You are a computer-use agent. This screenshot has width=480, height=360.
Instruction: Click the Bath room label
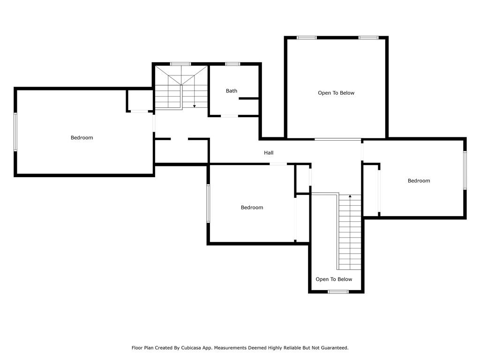point(232,91)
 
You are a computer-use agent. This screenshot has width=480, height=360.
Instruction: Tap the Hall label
point(269,153)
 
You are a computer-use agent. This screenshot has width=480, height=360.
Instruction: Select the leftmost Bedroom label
point(82,138)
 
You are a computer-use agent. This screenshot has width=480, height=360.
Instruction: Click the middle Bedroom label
point(252,208)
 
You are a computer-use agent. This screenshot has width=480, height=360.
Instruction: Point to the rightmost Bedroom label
point(419,181)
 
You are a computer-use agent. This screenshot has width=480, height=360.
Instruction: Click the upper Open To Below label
point(336,93)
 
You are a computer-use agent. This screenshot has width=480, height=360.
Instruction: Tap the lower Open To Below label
point(334,279)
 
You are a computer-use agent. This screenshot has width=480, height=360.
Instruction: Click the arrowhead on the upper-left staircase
point(195,106)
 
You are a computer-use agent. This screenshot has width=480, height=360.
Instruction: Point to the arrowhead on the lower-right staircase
point(350,196)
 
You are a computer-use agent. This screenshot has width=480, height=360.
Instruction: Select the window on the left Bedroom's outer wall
point(15,132)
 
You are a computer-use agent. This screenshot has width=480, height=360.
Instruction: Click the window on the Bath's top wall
point(232,64)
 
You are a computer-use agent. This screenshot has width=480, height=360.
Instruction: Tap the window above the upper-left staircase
point(180,64)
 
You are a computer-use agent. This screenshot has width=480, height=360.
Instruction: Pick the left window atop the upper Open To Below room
point(307,37)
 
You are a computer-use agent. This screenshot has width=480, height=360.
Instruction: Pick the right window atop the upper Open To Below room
point(368,37)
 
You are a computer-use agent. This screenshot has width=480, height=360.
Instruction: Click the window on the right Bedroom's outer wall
point(465,170)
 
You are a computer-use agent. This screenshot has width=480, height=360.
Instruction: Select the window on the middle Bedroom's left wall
point(208,203)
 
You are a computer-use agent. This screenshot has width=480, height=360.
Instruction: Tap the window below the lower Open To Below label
point(338,292)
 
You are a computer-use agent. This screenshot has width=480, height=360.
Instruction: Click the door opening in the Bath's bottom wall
point(230,116)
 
